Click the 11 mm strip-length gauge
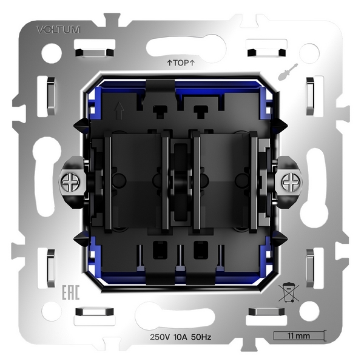[x=298, y=335]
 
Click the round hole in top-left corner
[x=51, y=53]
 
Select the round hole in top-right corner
[x=309, y=53]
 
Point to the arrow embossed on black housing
[x=119, y=111]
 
